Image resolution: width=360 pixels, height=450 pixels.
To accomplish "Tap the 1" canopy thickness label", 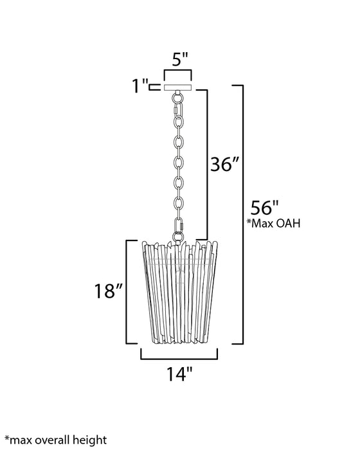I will (x=138, y=86).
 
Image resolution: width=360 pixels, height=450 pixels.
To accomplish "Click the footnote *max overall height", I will (x=54, y=440).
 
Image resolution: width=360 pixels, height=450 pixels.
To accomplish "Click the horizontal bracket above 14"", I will (x=179, y=356).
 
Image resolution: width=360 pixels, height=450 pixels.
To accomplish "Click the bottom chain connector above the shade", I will (x=179, y=227).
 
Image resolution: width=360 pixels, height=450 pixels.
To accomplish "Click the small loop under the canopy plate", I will (x=177, y=98).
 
